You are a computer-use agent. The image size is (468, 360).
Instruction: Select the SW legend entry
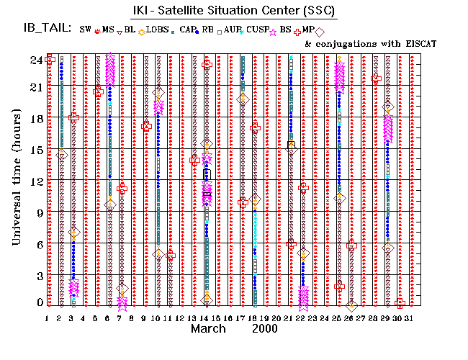point(86,30)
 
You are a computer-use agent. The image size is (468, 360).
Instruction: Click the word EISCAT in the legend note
point(417,43)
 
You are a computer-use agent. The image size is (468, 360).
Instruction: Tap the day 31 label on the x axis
point(409,318)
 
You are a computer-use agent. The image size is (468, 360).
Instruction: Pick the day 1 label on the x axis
point(48,318)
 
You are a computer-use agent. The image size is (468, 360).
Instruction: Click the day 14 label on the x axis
point(204,318)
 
